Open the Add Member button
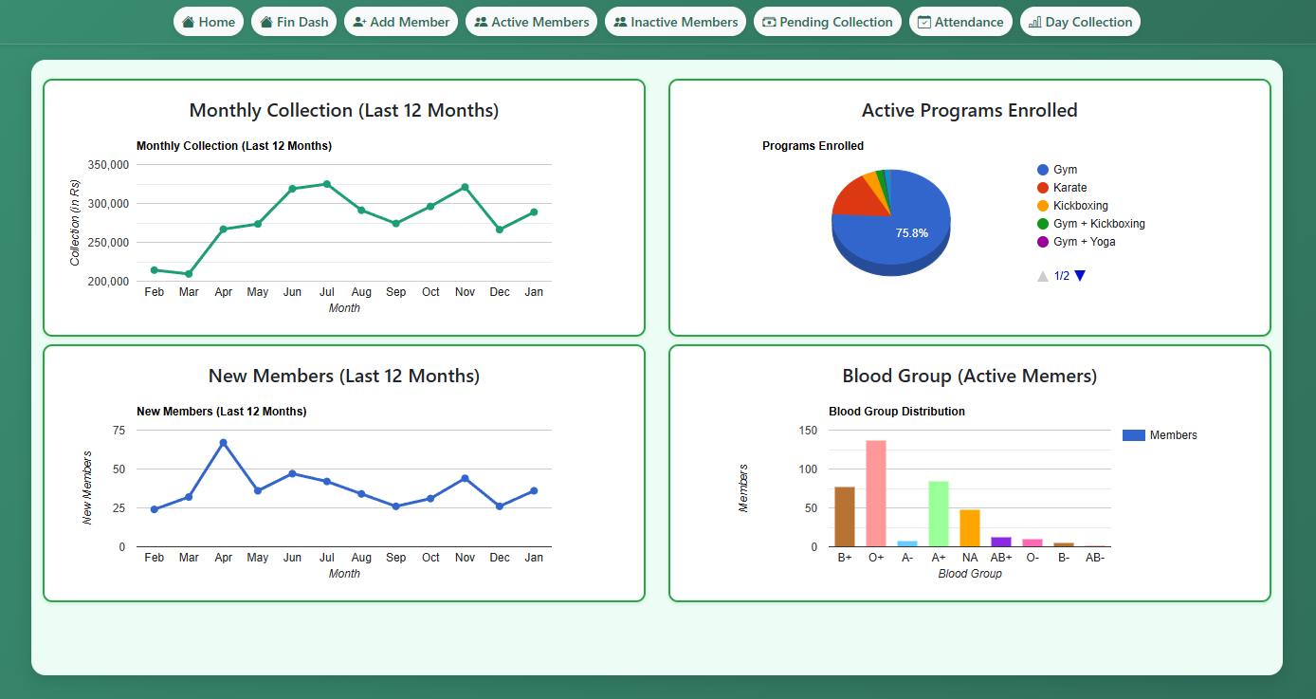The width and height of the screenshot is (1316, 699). (401, 22)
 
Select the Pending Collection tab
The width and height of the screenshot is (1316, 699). (828, 22)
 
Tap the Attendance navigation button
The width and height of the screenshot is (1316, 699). (960, 22)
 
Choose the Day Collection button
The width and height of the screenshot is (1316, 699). (1080, 22)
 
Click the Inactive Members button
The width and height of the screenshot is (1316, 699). (675, 22)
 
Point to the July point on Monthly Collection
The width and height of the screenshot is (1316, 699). (326, 184)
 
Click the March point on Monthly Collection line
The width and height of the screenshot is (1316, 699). (189, 274)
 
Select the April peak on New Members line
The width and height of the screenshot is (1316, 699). (223, 443)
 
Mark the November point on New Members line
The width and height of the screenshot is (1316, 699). (465, 478)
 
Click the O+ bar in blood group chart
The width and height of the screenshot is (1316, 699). (876, 493)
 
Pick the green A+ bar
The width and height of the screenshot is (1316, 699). (939, 513)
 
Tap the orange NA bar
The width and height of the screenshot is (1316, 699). (970, 527)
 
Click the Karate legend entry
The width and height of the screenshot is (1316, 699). (1069, 188)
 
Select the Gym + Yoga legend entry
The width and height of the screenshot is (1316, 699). (1084, 242)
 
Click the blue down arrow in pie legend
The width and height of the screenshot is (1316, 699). (1080, 276)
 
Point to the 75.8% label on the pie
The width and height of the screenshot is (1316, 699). (911, 233)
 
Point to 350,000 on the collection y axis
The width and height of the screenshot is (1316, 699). (107, 165)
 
